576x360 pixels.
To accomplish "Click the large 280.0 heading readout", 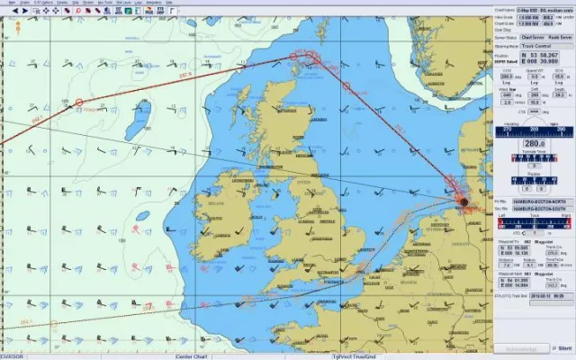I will point(534,143).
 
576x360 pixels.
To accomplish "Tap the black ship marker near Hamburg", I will point(464,202).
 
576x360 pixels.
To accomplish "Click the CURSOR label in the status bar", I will point(13,355).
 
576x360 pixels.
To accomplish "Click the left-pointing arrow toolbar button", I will point(5,11).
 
